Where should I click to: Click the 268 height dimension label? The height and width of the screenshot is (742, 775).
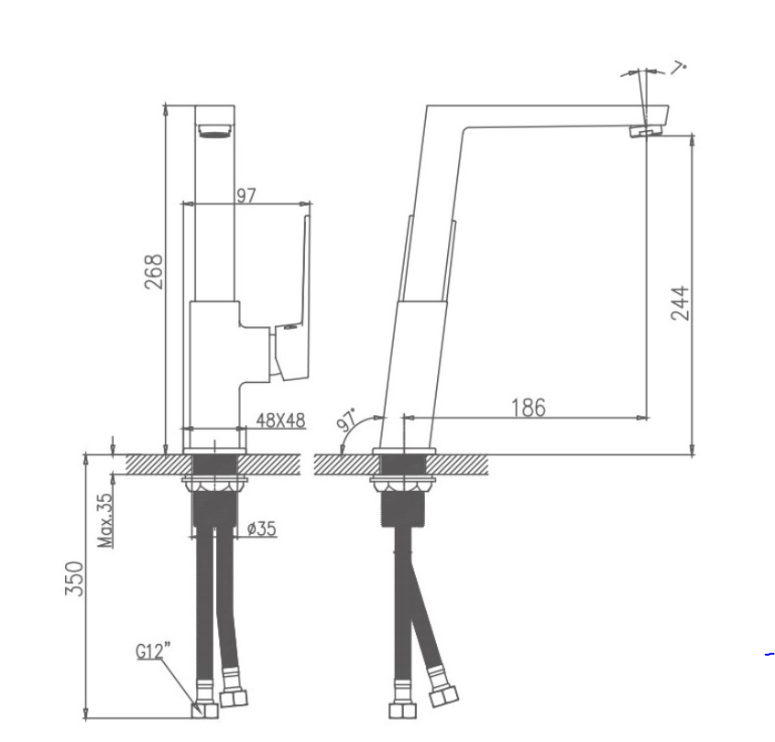point(153,271)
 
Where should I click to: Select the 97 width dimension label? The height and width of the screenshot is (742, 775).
point(246,196)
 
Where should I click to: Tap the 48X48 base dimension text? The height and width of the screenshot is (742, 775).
point(280,420)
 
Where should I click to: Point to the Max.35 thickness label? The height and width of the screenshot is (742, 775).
point(105,520)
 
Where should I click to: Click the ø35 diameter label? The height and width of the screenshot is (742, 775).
point(262,529)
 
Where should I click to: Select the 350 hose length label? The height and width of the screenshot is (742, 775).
point(74,578)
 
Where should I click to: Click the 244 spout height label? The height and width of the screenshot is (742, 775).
point(680,303)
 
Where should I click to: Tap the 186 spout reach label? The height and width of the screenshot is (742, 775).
point(529,408)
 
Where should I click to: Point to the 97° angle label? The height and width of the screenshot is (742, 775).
point(346,420)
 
